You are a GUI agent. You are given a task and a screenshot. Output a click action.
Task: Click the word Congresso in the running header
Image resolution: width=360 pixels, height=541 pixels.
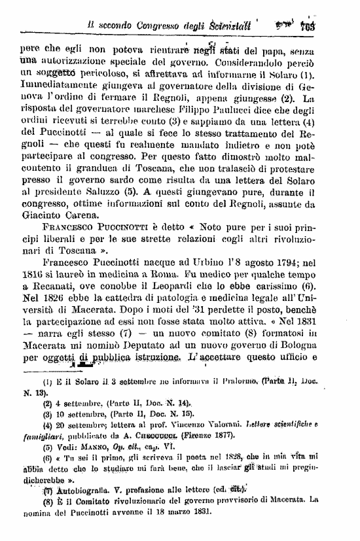coord(161,27)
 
